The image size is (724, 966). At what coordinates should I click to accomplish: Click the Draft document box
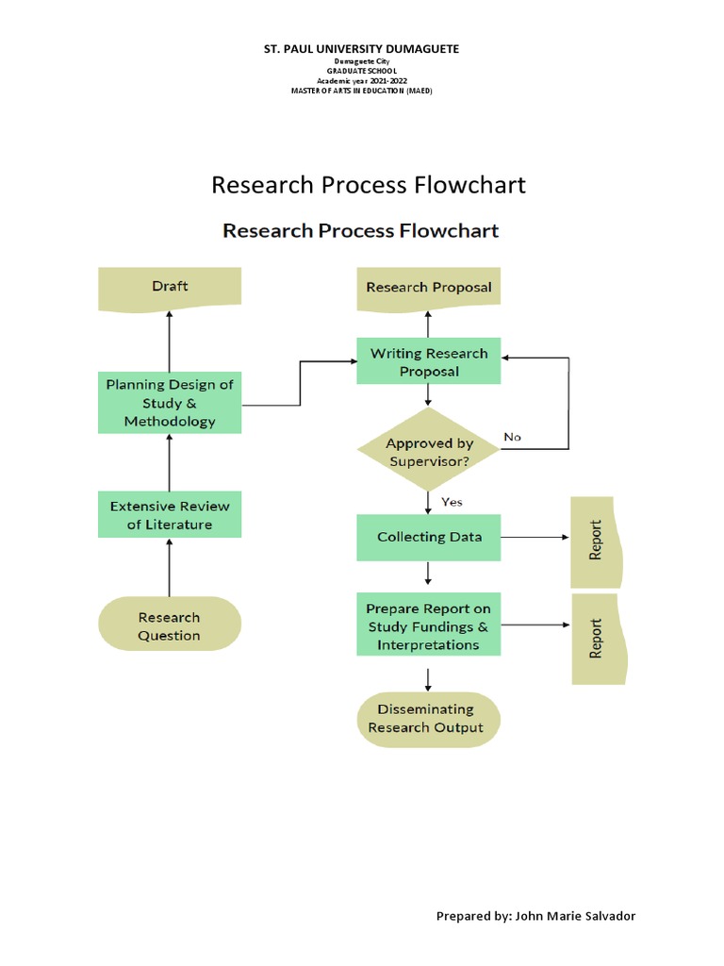(170, 287)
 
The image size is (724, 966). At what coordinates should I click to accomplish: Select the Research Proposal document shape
(428, 288)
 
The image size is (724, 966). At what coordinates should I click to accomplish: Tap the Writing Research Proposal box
(428, 362)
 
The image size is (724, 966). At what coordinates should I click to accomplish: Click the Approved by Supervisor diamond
(429, 451)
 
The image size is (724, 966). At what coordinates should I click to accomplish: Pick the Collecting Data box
(429, 537)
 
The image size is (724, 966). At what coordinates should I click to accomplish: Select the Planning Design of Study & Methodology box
(170, 403)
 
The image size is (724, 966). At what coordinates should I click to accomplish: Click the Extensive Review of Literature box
(170, 515)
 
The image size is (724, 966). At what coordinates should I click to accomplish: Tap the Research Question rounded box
(170, 626)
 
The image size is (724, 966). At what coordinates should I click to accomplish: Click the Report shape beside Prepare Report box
(598, 639)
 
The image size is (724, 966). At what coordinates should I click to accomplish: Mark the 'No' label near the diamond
(512, 437)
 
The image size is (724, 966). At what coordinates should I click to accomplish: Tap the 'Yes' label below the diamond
(452, 502)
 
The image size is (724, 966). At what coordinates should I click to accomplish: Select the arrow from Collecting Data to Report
(535, 538)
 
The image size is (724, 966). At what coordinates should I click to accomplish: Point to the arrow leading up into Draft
(170, 341)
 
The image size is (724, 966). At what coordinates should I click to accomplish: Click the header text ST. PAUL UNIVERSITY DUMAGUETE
(361, 48)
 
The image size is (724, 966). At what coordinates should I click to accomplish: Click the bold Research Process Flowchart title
(361, 230)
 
